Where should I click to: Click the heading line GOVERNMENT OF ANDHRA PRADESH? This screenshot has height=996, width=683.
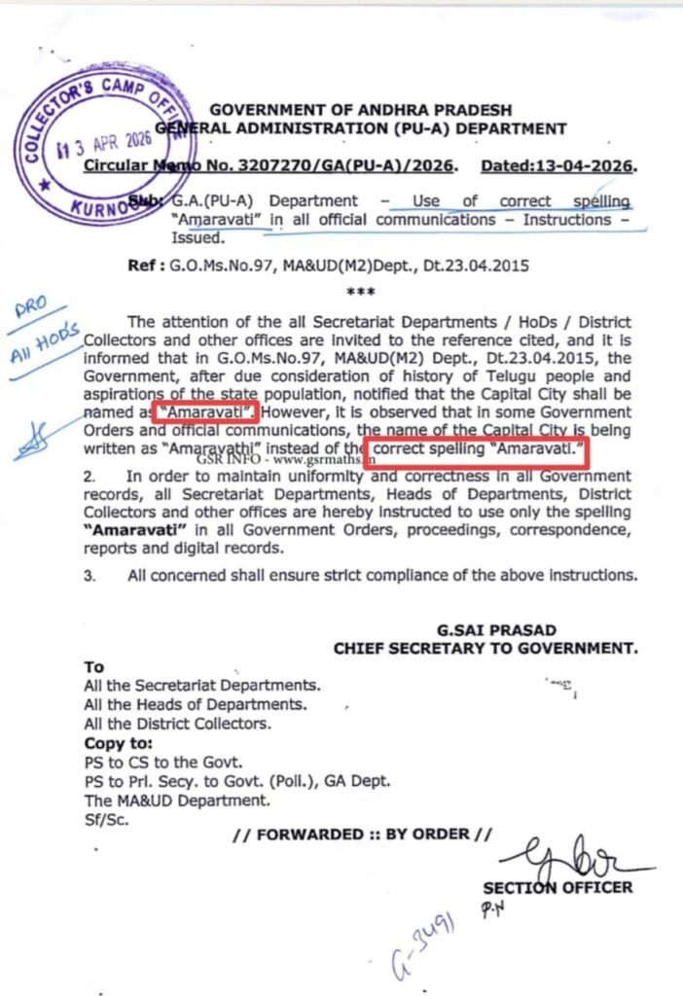click(360, 110)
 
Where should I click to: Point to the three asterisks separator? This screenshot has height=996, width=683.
click(361, 291)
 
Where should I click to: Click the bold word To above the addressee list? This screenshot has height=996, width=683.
click(93, 667)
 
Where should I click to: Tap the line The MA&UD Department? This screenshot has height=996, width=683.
click(177, 800)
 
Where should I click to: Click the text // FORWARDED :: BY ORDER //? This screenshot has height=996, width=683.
click(363, 835)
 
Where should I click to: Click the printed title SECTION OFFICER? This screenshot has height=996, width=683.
click(557, 887)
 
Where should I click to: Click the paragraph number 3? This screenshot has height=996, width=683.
click(89, 575)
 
